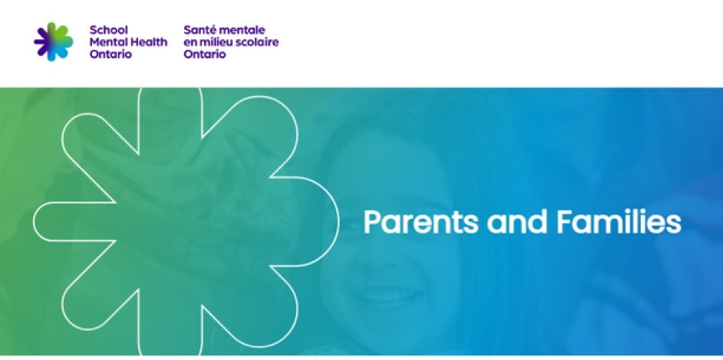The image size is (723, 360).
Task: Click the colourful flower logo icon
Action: pyautogui.click(x=54, y=41)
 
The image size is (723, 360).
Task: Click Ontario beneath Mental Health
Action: pyautogui.click(x=111, y=54)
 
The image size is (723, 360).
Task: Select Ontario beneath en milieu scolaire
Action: pyautogui.click(x=205, y=54)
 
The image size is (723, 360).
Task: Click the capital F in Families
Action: pyautogui.click(x=562, y=222)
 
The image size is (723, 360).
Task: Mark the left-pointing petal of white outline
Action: pyautogui.click(x=54, y=221)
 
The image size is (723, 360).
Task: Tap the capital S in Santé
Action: pyautogui.click(x=188, y=30)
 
